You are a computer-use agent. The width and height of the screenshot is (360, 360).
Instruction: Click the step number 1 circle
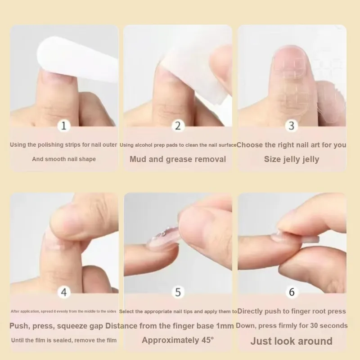[64, 126]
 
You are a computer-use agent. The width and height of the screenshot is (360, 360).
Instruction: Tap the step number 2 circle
[178, 126]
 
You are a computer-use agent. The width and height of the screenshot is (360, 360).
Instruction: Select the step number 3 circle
[291, 126]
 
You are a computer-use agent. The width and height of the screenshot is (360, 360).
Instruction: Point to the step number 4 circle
[64, 292]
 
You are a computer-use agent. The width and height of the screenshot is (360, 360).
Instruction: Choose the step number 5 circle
[178, 292]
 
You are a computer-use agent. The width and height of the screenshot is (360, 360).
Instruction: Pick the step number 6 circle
[292, 292]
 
